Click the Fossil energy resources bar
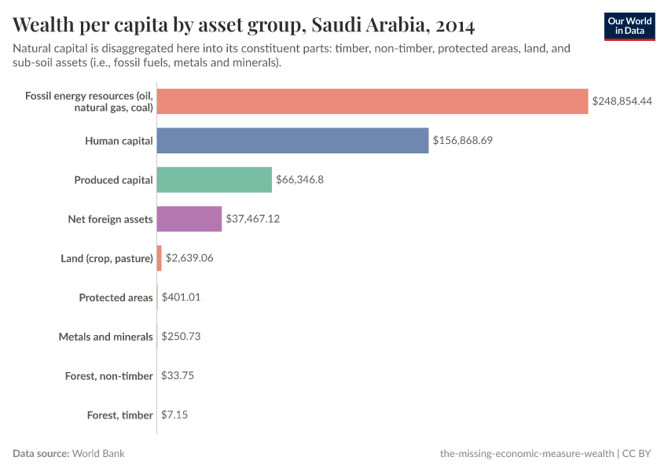(x=372, y=101)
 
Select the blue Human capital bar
(x=292, y=141)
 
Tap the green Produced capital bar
(x=214, y=180)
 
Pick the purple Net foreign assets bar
(x=189, y=219)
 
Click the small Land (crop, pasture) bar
(x=159, y=258)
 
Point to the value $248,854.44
(x=622, y=101)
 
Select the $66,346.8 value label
(x=299, y=180)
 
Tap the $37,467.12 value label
(x=252, y=219)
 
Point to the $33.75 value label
(x=177, y=375)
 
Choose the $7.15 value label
(x=174, y=415)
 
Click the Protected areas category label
(x=116, y=297)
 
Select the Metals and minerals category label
(x=105, y=337)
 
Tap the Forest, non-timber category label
(x=108, y=375)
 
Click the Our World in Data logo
(x=629, y=26)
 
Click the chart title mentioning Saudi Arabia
(x=244, y=25)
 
